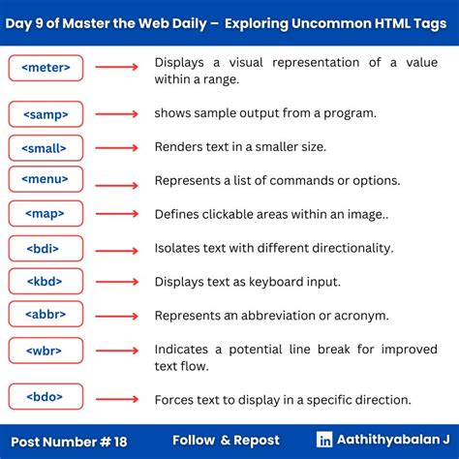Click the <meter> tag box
click(x=46, y=68)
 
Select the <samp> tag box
click(x=46, y=114)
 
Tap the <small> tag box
click(x=46, y=148)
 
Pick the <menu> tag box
click(x=46, y=179)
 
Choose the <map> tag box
click(x=46, y=213)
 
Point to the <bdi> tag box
click(x=46, y=248)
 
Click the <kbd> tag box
click(x=46, y=282)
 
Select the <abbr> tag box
click(x=46, y=315)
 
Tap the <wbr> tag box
click(x=46, y=350)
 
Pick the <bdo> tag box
click(x=46, y=396)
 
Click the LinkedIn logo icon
click(x=324, y=439)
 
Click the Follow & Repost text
click(x=226, y=440)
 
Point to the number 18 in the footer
click(x=118, y=440)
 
